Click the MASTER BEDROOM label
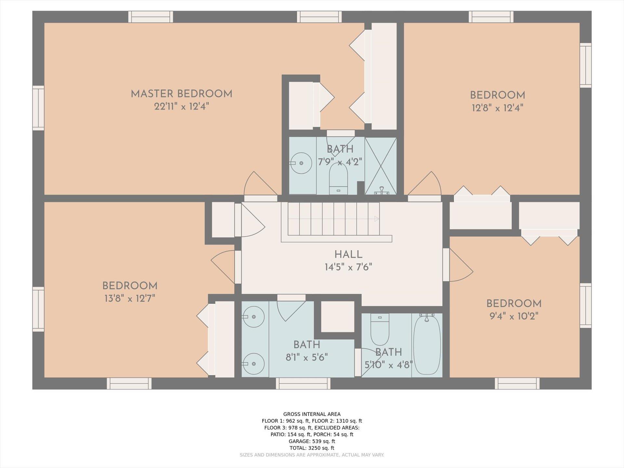pyautogui.click(x=181, y=94)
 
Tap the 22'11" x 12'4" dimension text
pyautogui.click(x=181, y=106)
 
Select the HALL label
pyautogui.click(x=348, y=254)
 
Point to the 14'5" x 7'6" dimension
pyautogui.click(x=348, y=267)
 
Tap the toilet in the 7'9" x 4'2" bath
pyautogui.click(x=338, y=178)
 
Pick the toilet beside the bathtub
pyautogui.click(x=380, y=329)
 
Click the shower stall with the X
pyautogui.click(x=381, y=166)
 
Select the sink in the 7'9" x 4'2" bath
pyautogui.click(x=301, y=163)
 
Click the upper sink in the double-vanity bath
pyautogui.click(x=253, y=317)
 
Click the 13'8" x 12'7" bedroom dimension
pyautogui.click(x=130, y=298)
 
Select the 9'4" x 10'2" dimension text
pyautogui.click(x=514, y=316)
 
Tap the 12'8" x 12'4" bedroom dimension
pyautogui.click(x=497, y=108)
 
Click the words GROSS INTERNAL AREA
pyautogui.click(x=312, y=414)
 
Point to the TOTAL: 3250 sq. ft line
pyautogui.click(x=312, y=448)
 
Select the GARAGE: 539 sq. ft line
pyautogui.click(x=312, y=441)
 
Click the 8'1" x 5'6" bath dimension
pyautogui.click(x=306, y=357)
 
